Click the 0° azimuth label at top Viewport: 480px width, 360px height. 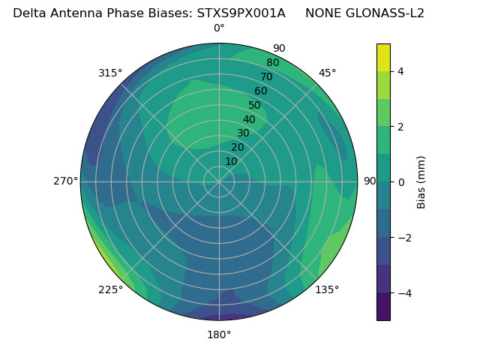tap(219, 28)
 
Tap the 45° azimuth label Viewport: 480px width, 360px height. tap(327, 73)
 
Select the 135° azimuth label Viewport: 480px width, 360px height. tap(327, 289)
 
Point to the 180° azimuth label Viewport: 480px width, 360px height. tap(219, 334)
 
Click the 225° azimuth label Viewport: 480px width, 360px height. tap(110, 289)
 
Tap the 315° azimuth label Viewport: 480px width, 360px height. tap(110, 73)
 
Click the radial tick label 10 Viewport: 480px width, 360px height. tap(231, 161)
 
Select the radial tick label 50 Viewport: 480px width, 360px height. tap(255, 106)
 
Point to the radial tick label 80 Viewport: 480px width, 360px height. tap(273, 63)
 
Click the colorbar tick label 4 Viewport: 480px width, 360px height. tap(401, 71)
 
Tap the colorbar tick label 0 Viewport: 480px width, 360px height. tap(401, 182)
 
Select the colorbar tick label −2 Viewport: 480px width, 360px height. tap(403, 238)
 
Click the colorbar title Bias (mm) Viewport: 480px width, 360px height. tap(421, 182)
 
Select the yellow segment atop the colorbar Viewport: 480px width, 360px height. tap(383, 57)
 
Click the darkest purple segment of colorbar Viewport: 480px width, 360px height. tap(383, 307)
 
